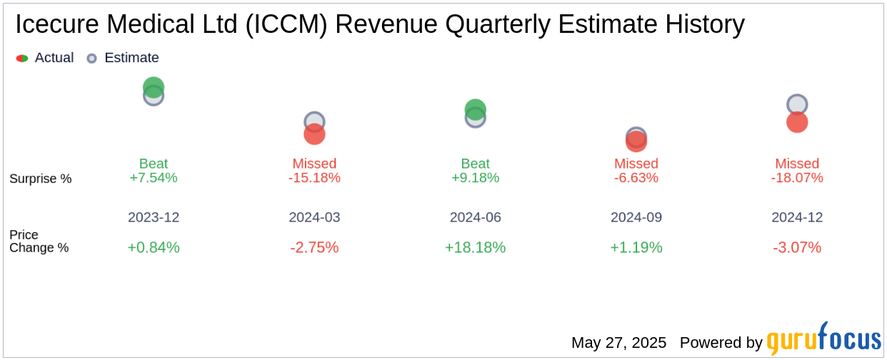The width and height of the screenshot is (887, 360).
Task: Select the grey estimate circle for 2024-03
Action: (x=314, y=121)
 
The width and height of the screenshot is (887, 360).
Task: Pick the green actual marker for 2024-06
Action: (x=476, y=109)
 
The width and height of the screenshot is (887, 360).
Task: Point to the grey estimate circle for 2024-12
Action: (x=797, y=104)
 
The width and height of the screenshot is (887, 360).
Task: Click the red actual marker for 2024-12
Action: (x=797, y=123)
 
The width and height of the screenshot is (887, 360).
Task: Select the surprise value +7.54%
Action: (x=154, y=178)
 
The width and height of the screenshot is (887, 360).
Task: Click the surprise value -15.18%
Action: (x=314, y=178)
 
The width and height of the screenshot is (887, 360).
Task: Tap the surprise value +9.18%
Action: (x=476, y=178)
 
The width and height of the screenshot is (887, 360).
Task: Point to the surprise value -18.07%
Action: (x=797, y=178)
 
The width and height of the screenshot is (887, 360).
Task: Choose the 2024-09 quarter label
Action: (x=636, y=217)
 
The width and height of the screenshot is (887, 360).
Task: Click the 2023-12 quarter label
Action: (x=154, y=217)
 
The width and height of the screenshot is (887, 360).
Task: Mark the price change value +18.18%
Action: (x=476, y=247)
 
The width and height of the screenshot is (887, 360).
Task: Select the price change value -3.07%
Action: (x=797, y=247)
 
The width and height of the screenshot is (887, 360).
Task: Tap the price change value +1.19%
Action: (x=636, y=247)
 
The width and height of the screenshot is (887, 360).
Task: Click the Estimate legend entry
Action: (x=123, y=58)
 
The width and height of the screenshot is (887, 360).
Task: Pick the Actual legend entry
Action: (x=45, y=58)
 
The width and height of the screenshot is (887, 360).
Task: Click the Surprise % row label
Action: (x=41, y=179)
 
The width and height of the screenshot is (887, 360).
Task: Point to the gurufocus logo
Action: (x=823, y=339)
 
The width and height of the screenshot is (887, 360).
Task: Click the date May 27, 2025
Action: (x=618, y=343)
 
